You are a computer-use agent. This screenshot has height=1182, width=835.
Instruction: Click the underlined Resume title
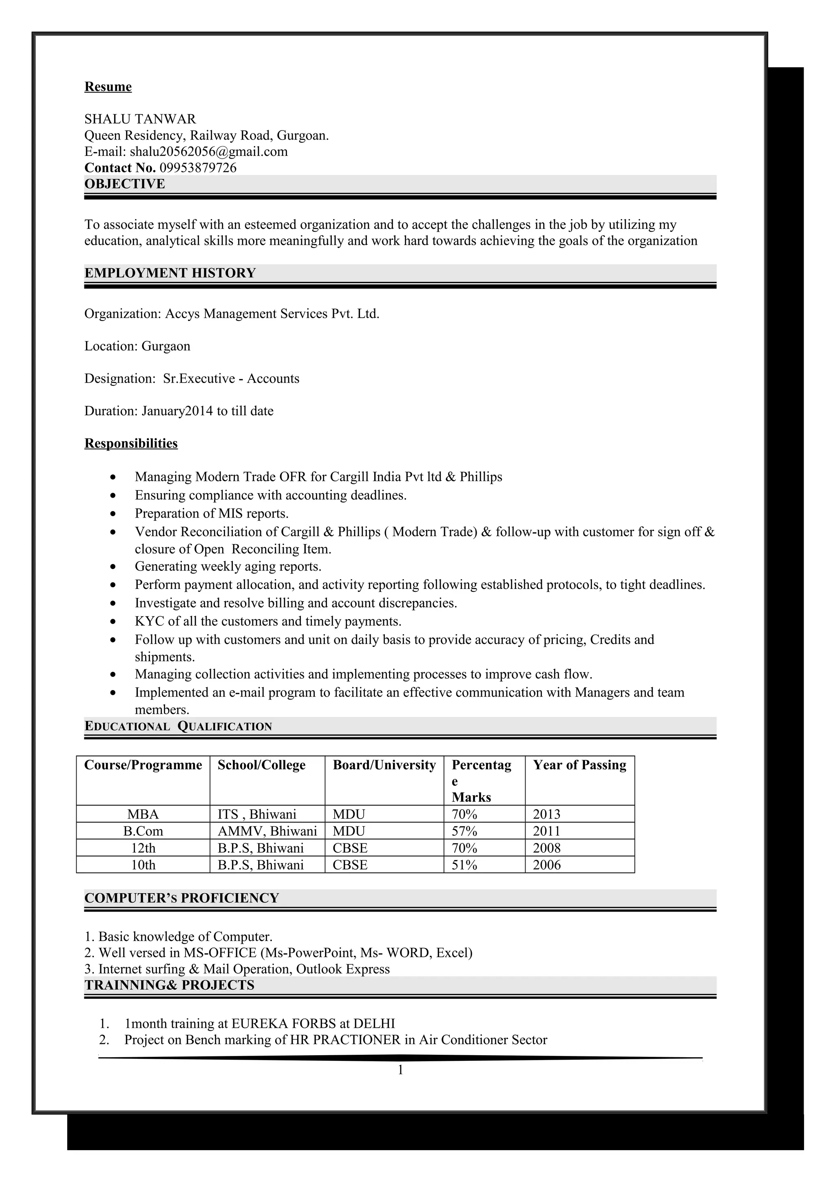coord(108,86)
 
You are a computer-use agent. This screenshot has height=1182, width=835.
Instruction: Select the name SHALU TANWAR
coord(140,119)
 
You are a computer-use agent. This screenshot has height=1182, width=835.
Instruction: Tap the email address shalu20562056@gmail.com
coord(208,151)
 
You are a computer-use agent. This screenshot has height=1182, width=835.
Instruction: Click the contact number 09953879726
coord(198,168)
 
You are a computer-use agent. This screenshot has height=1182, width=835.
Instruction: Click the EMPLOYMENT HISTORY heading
coord(170,273)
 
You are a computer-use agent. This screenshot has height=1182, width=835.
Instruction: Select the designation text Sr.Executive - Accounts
coord(231,379)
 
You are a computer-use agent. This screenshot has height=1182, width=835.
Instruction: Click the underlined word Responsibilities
coord(131,443)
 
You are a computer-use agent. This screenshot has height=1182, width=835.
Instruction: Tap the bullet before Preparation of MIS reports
coord(113,514)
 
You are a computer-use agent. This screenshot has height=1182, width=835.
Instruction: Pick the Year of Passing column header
coord(579,765)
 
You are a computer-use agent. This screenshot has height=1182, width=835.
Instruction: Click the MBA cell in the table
coord(143,814)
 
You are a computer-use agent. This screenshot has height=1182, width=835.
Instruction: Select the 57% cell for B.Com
coord(464,831)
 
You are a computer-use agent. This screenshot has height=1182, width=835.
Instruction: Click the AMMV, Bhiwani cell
coord(267,831)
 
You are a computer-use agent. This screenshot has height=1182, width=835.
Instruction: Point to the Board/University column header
coord(384,765)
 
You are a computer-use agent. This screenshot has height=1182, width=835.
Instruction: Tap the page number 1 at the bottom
coord(400,1070)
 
